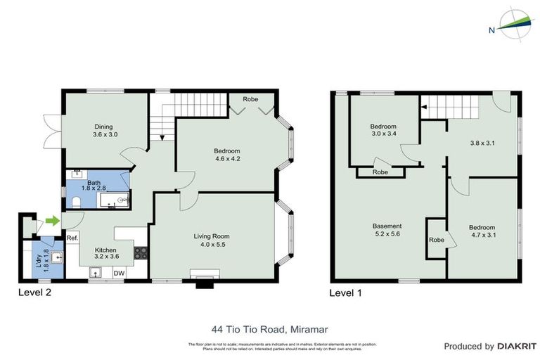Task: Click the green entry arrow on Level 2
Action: (x=52, y=221)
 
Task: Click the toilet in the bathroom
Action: (x=76, y=203)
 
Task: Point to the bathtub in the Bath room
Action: (x=114, y=200)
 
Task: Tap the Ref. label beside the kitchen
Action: (x=72, y=238)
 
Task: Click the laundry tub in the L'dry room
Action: (x=55, y=258)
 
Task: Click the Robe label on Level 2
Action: (x=250, y=100)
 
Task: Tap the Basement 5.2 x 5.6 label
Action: (x=387, y=231)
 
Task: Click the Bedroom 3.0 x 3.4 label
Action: (x=384, y=131)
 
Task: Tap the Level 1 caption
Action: (x=346, y=291)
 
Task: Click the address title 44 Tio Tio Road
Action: (x=269, y=328)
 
